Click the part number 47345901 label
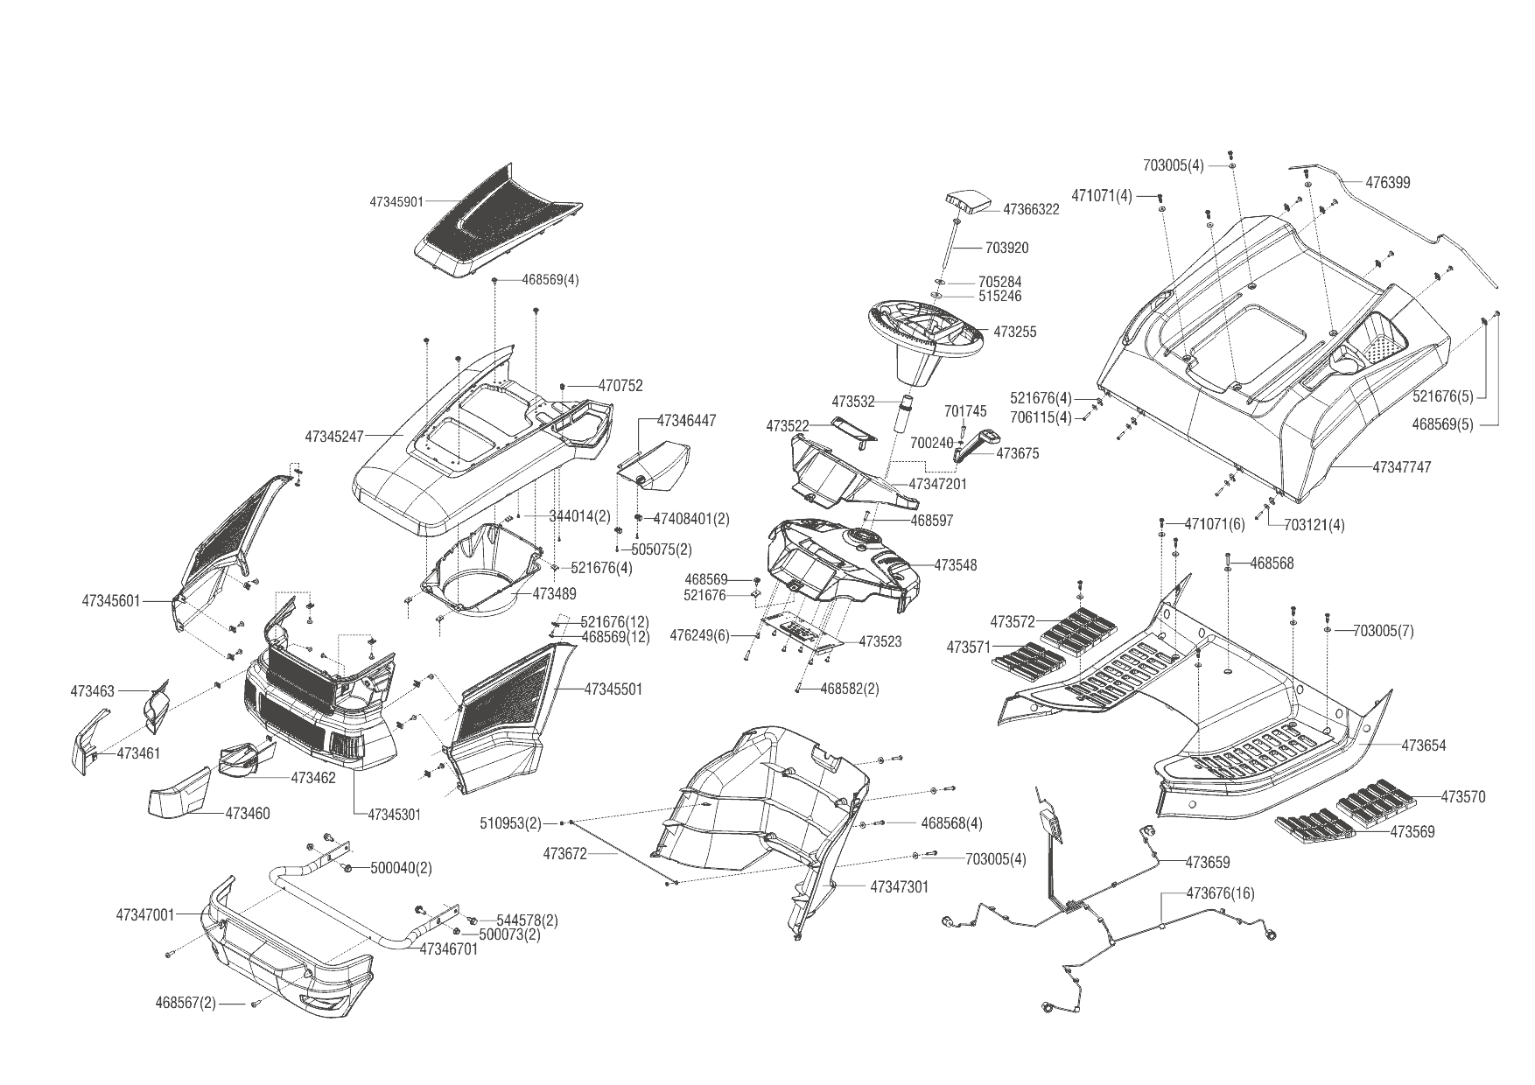click(x=396, y=201)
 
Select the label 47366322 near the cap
click(x=1031, y=210)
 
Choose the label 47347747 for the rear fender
click(x=1401, y=467)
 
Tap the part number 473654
click(x=1424, y=745)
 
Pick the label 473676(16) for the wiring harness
click(x=1220, y=893)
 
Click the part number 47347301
click(x=899, y=886)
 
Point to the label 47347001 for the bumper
click(x=144, y=915)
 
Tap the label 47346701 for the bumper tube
click(x=449, y=948)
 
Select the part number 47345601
click(x=110, y=601)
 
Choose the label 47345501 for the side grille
click(x=613, y=689)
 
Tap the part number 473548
click(x=956, y=565)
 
